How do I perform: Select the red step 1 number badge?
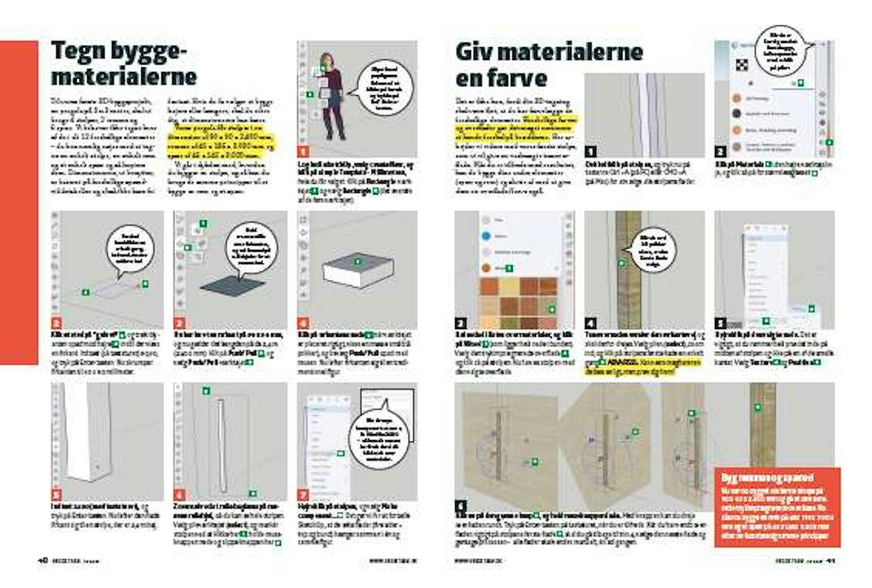[x=302, y=152]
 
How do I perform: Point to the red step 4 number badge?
[x=302, y=323]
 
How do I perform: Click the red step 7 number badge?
[x=302, y=494]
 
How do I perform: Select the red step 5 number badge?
[x=56, y=495]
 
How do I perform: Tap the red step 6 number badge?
[x=179, y=495]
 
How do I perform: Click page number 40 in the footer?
[x=42, y=561]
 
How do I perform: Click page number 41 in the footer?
[x=831, y=561]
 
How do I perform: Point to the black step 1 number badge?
[x=590, y=152]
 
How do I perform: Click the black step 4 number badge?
[x=590, y=323]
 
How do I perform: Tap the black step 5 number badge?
[x=720, y=323]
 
